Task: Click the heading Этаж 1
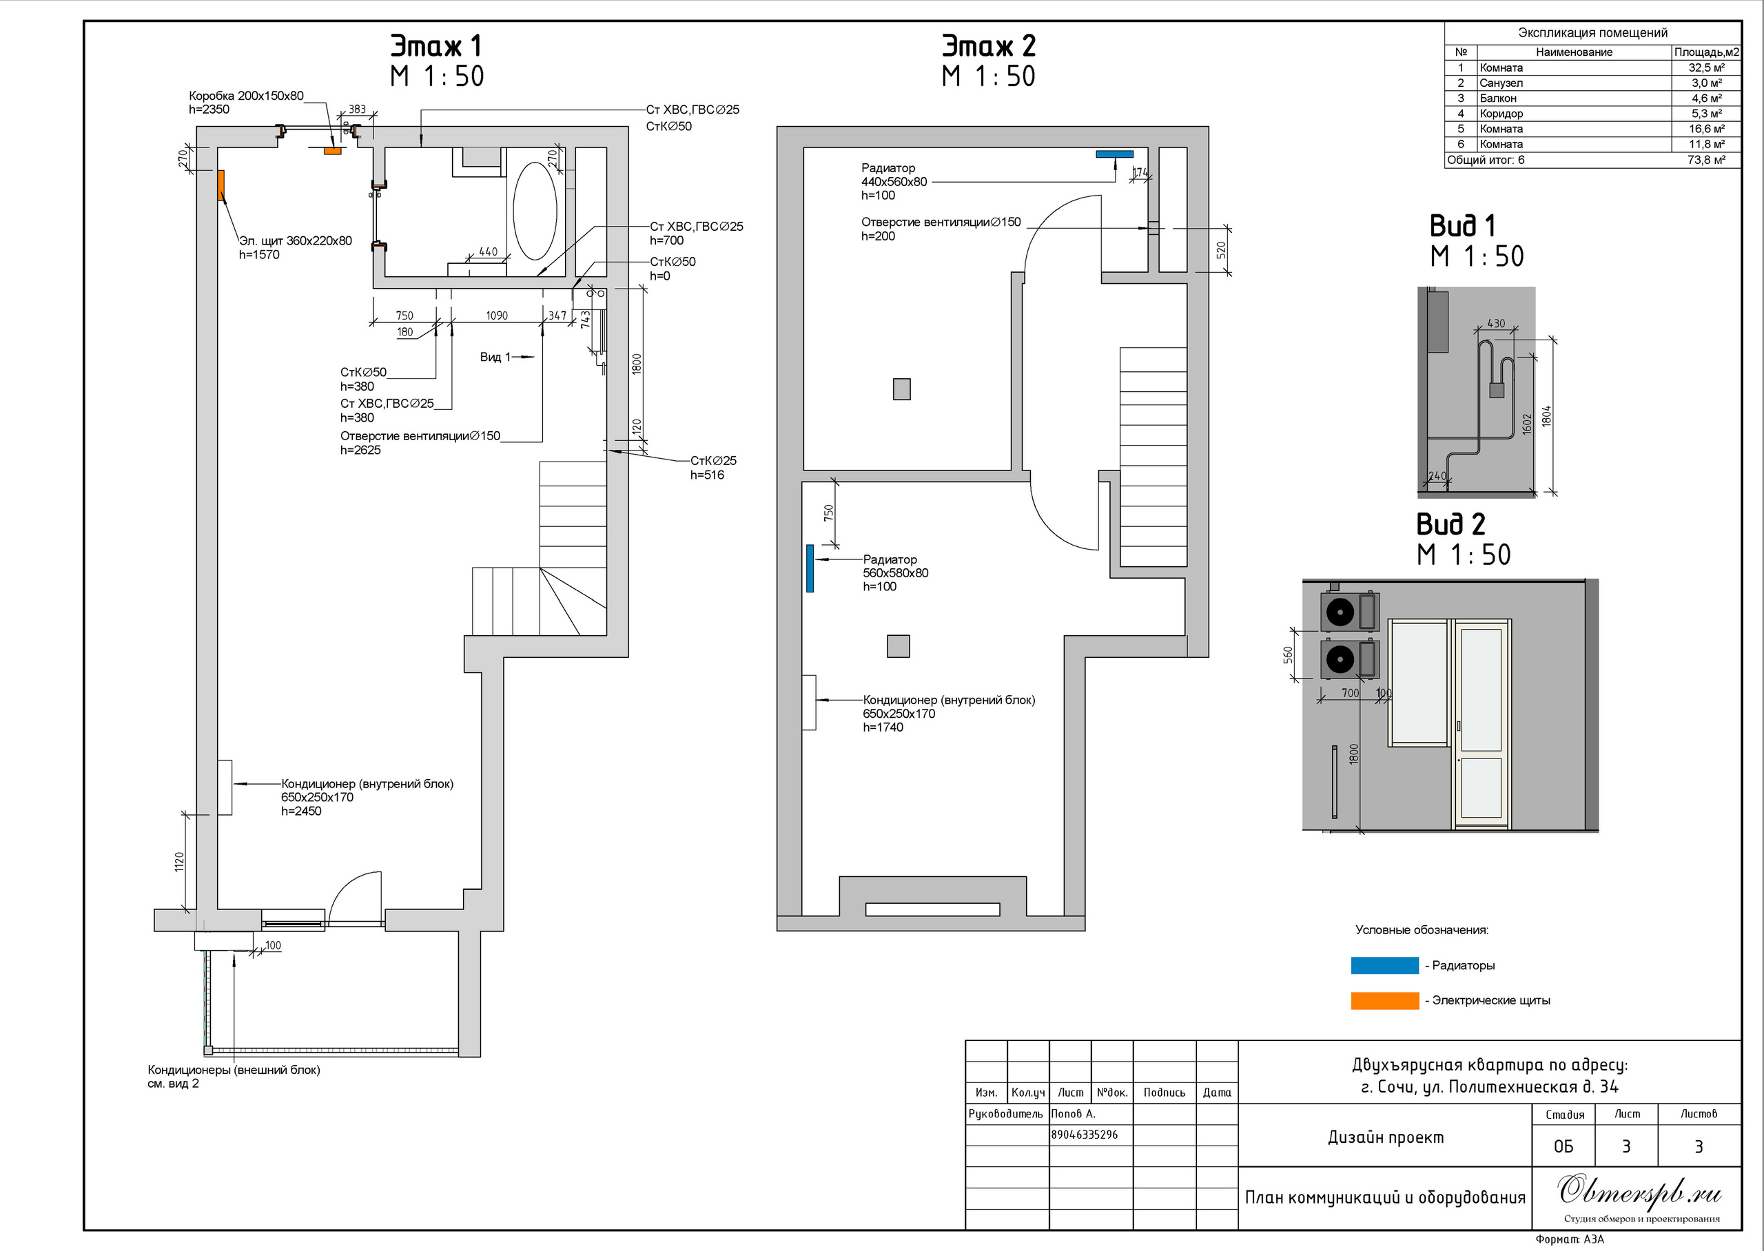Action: (436, 46)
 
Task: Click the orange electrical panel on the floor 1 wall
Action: (220, 185)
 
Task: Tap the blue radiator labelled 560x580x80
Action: (810, 568)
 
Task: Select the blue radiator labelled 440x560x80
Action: (1115, 154)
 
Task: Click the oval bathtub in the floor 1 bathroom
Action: (535, 210)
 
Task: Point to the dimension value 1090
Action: (497, 316)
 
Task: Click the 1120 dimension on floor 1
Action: (179, 861)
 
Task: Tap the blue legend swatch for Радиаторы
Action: (1384, 966)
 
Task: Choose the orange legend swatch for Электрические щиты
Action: (1384, 1001)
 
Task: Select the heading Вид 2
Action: (1450, 525)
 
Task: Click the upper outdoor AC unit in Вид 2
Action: (1351, 612)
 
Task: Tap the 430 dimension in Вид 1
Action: (1496, 324)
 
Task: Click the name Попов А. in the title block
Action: (1073, 1114)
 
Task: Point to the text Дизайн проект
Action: (1386, 1138)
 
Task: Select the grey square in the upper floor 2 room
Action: (901, 389)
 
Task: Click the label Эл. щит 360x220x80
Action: (295, 241)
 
